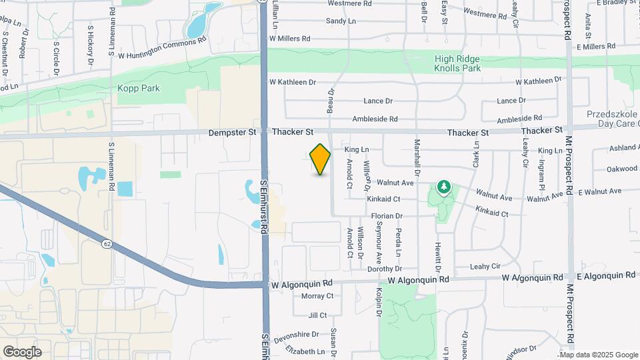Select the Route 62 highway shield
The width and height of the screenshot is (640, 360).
click(x=107, y=244)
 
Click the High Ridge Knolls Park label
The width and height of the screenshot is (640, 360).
click(x=457, y=63)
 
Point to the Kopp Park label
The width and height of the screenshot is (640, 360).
click(x=139, y=88)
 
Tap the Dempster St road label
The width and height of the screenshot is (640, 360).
click(x=232, y=133)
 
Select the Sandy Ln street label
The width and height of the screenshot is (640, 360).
click(x=341, y=21)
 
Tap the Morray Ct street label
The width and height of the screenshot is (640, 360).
click(x=317, y=295)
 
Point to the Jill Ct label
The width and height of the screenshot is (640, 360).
click(x=318, y=315)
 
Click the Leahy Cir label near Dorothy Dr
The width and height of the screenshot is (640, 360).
click(x=485, y=266)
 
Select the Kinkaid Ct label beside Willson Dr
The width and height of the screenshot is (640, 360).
click(x=383, y=199)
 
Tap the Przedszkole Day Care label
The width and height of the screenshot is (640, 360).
click(x=613, y=119)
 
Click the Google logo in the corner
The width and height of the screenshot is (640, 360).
click(x=22, y=351)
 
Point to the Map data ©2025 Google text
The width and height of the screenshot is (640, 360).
click(x=599, y=355)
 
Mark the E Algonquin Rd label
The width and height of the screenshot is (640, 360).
click(x=608, y=277)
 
